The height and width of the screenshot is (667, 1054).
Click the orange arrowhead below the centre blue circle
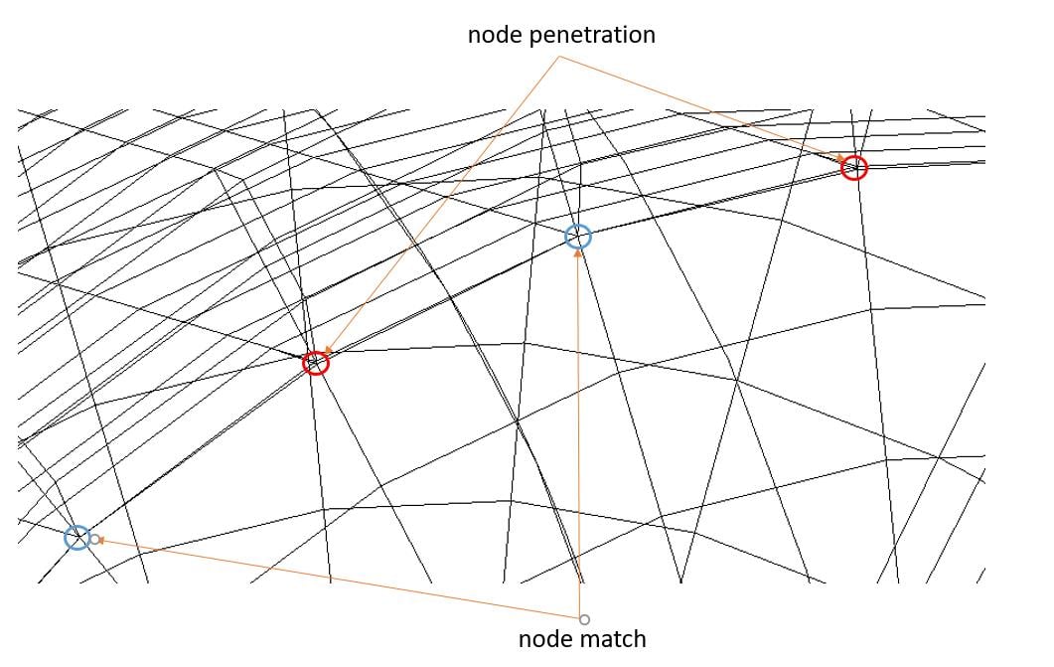pyautogui.click(x=578, y=254)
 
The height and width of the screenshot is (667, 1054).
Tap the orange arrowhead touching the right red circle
pyautogui.click(x=840, y=158)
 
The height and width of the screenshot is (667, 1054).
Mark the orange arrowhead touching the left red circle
pyautogui.click(x=328, y=350)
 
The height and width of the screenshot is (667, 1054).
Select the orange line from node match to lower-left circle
pyautogui.click(x=340, y=579)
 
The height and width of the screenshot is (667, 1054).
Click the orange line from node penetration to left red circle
pyautogui.click(x=443, y=204)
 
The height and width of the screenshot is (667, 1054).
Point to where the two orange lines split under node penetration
pyautogui.click(x=559, y=57)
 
